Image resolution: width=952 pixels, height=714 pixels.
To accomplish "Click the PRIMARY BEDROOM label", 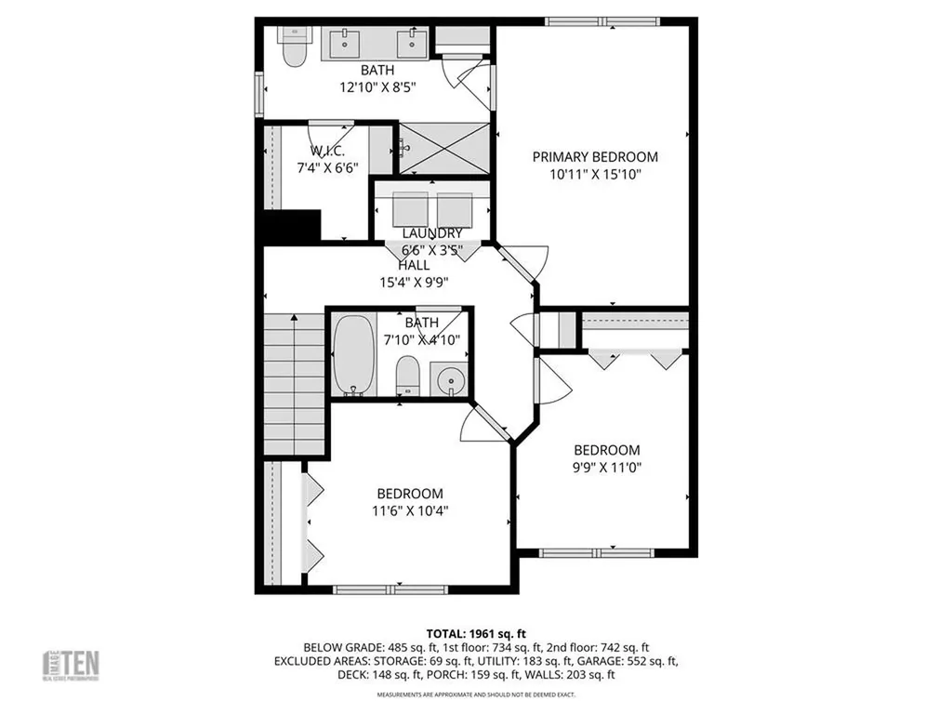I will tap(594, 157).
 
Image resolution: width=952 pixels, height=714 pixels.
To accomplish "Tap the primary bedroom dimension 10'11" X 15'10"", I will tap(594, 174).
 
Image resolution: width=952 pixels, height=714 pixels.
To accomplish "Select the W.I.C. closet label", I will tap(327, 152).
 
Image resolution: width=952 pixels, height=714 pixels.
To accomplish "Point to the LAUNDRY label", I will tap(431, 232).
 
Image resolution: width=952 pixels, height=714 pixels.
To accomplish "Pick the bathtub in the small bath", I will tap(353, 355).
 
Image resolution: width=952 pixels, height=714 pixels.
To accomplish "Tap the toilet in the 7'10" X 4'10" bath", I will tap(408, 376).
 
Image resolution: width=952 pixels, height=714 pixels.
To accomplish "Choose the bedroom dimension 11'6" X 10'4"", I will tap(409, 510).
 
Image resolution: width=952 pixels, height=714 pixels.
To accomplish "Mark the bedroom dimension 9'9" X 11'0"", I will tap(606, 467).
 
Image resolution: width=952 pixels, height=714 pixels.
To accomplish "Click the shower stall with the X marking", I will tap(443, 147).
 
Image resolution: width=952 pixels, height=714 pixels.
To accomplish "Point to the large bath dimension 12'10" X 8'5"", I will tap(377, 87).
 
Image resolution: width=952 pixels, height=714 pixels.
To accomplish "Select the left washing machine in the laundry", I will tap(409, 210).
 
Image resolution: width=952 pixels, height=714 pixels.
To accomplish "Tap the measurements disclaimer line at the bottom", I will tap(475, 694).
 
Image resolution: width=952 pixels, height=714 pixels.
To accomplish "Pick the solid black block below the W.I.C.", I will tap(292, 226).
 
